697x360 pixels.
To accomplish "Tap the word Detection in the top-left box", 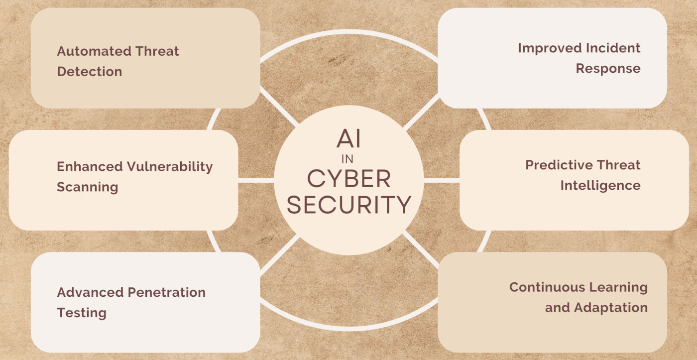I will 90,71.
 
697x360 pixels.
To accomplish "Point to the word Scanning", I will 87,187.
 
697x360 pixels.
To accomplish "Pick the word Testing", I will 82,313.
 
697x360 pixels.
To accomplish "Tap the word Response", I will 608,68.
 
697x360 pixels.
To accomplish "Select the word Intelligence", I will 600,185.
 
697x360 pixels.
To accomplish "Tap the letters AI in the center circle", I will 348,139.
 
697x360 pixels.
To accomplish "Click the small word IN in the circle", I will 348,160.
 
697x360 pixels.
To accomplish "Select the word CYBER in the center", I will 348,179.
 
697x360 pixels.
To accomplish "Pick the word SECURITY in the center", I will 348,205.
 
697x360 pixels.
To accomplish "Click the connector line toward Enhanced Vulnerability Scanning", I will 256,180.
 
